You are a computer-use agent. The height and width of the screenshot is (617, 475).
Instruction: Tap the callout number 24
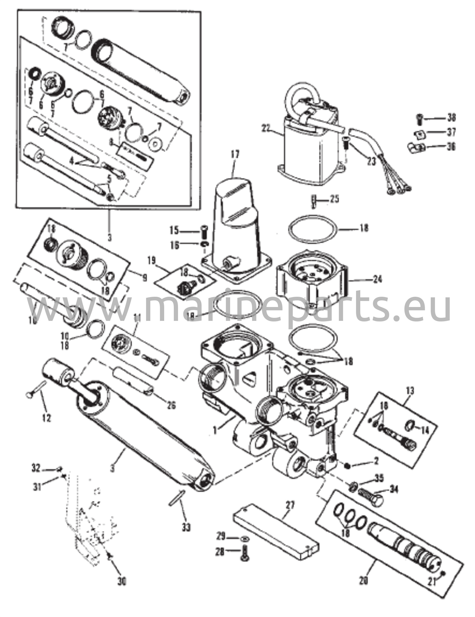[377, 279]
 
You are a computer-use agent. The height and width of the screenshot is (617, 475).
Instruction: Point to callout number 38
[451, 117]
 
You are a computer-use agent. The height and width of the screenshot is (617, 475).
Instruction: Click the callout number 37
[451, 132]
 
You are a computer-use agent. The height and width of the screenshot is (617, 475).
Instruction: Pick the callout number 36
[451, 147]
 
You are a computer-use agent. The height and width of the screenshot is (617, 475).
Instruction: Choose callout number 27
[290, 505]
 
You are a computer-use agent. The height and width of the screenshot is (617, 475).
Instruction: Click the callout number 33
[186, 527]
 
